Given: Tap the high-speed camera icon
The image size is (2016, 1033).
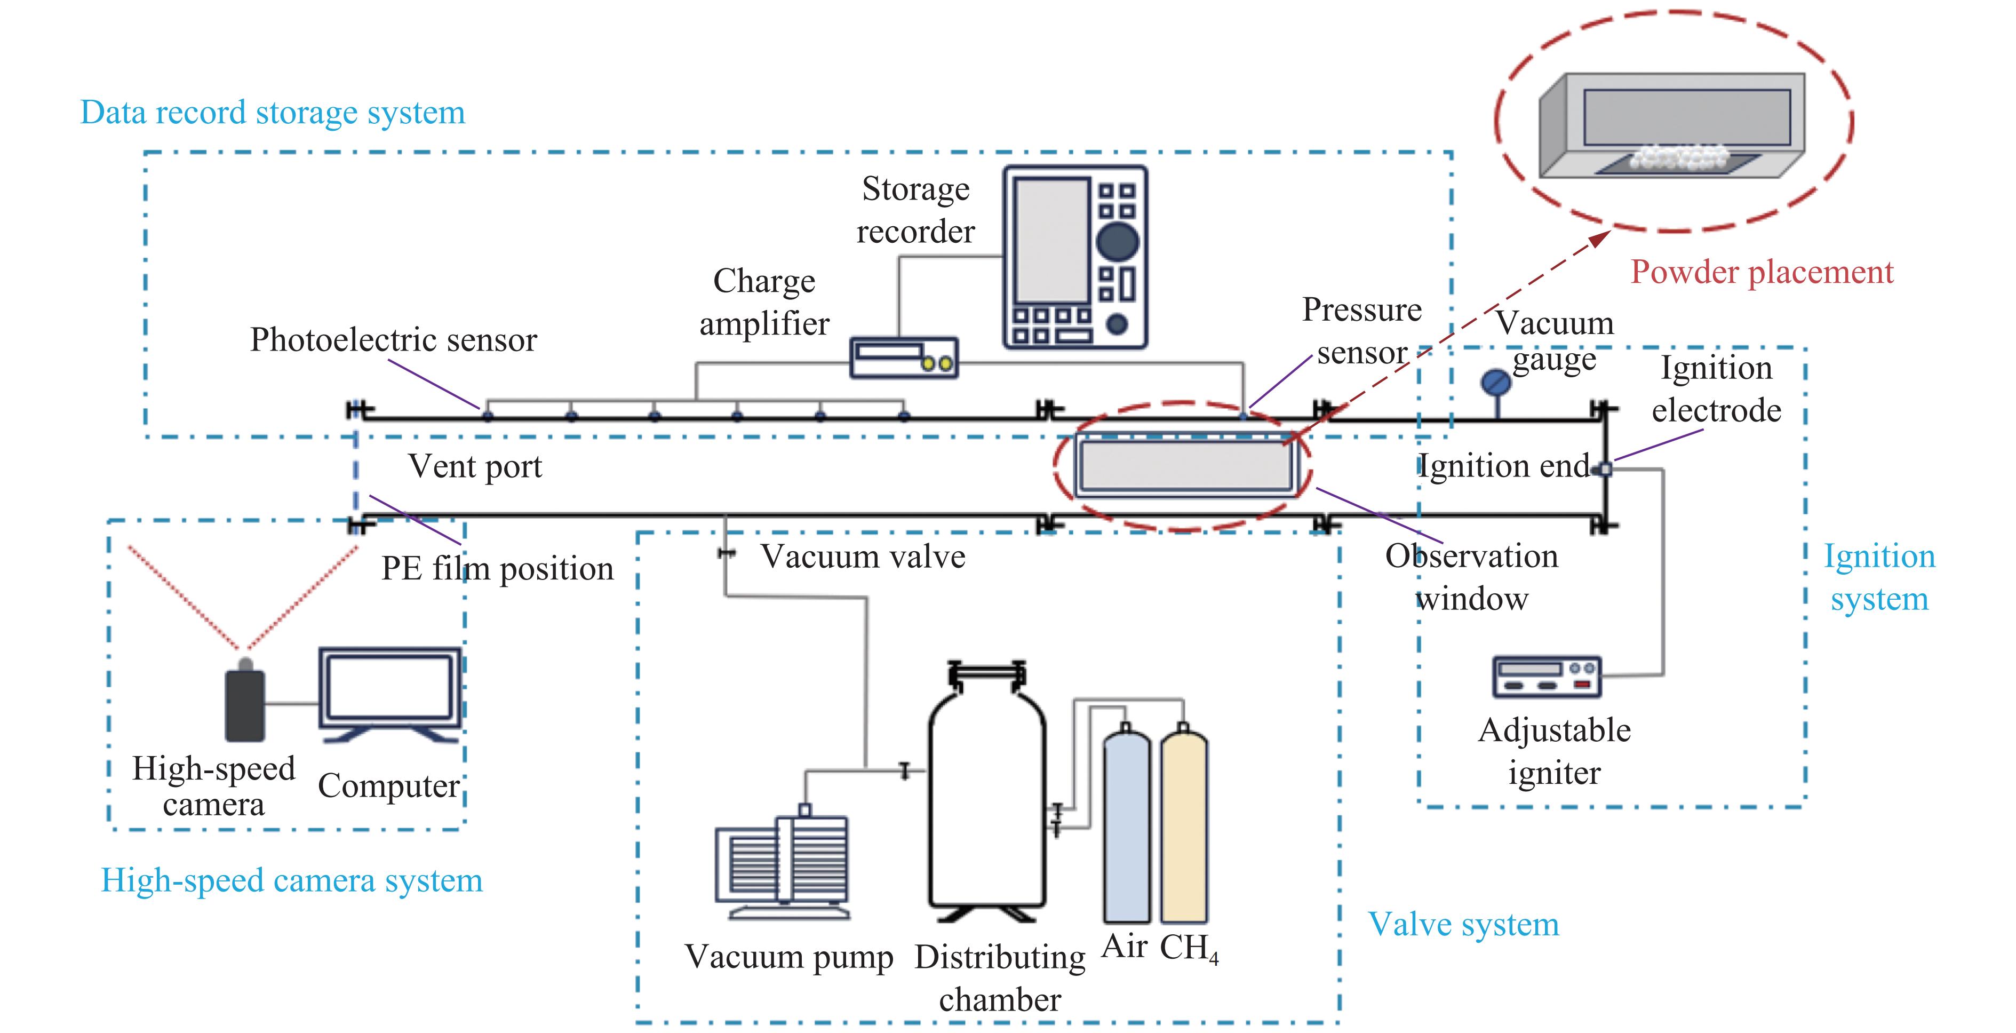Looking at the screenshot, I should point(245,702).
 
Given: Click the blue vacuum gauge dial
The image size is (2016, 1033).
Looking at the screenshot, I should point(1495,383).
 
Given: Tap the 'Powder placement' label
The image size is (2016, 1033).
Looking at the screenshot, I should point(1762,272).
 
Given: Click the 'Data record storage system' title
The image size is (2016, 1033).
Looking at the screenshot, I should point(273,113).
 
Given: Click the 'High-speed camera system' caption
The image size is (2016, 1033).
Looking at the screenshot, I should point(292,881).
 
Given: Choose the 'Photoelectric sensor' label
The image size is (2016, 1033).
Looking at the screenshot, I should point(393,340).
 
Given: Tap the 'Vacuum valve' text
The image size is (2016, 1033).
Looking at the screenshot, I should point(863,557).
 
